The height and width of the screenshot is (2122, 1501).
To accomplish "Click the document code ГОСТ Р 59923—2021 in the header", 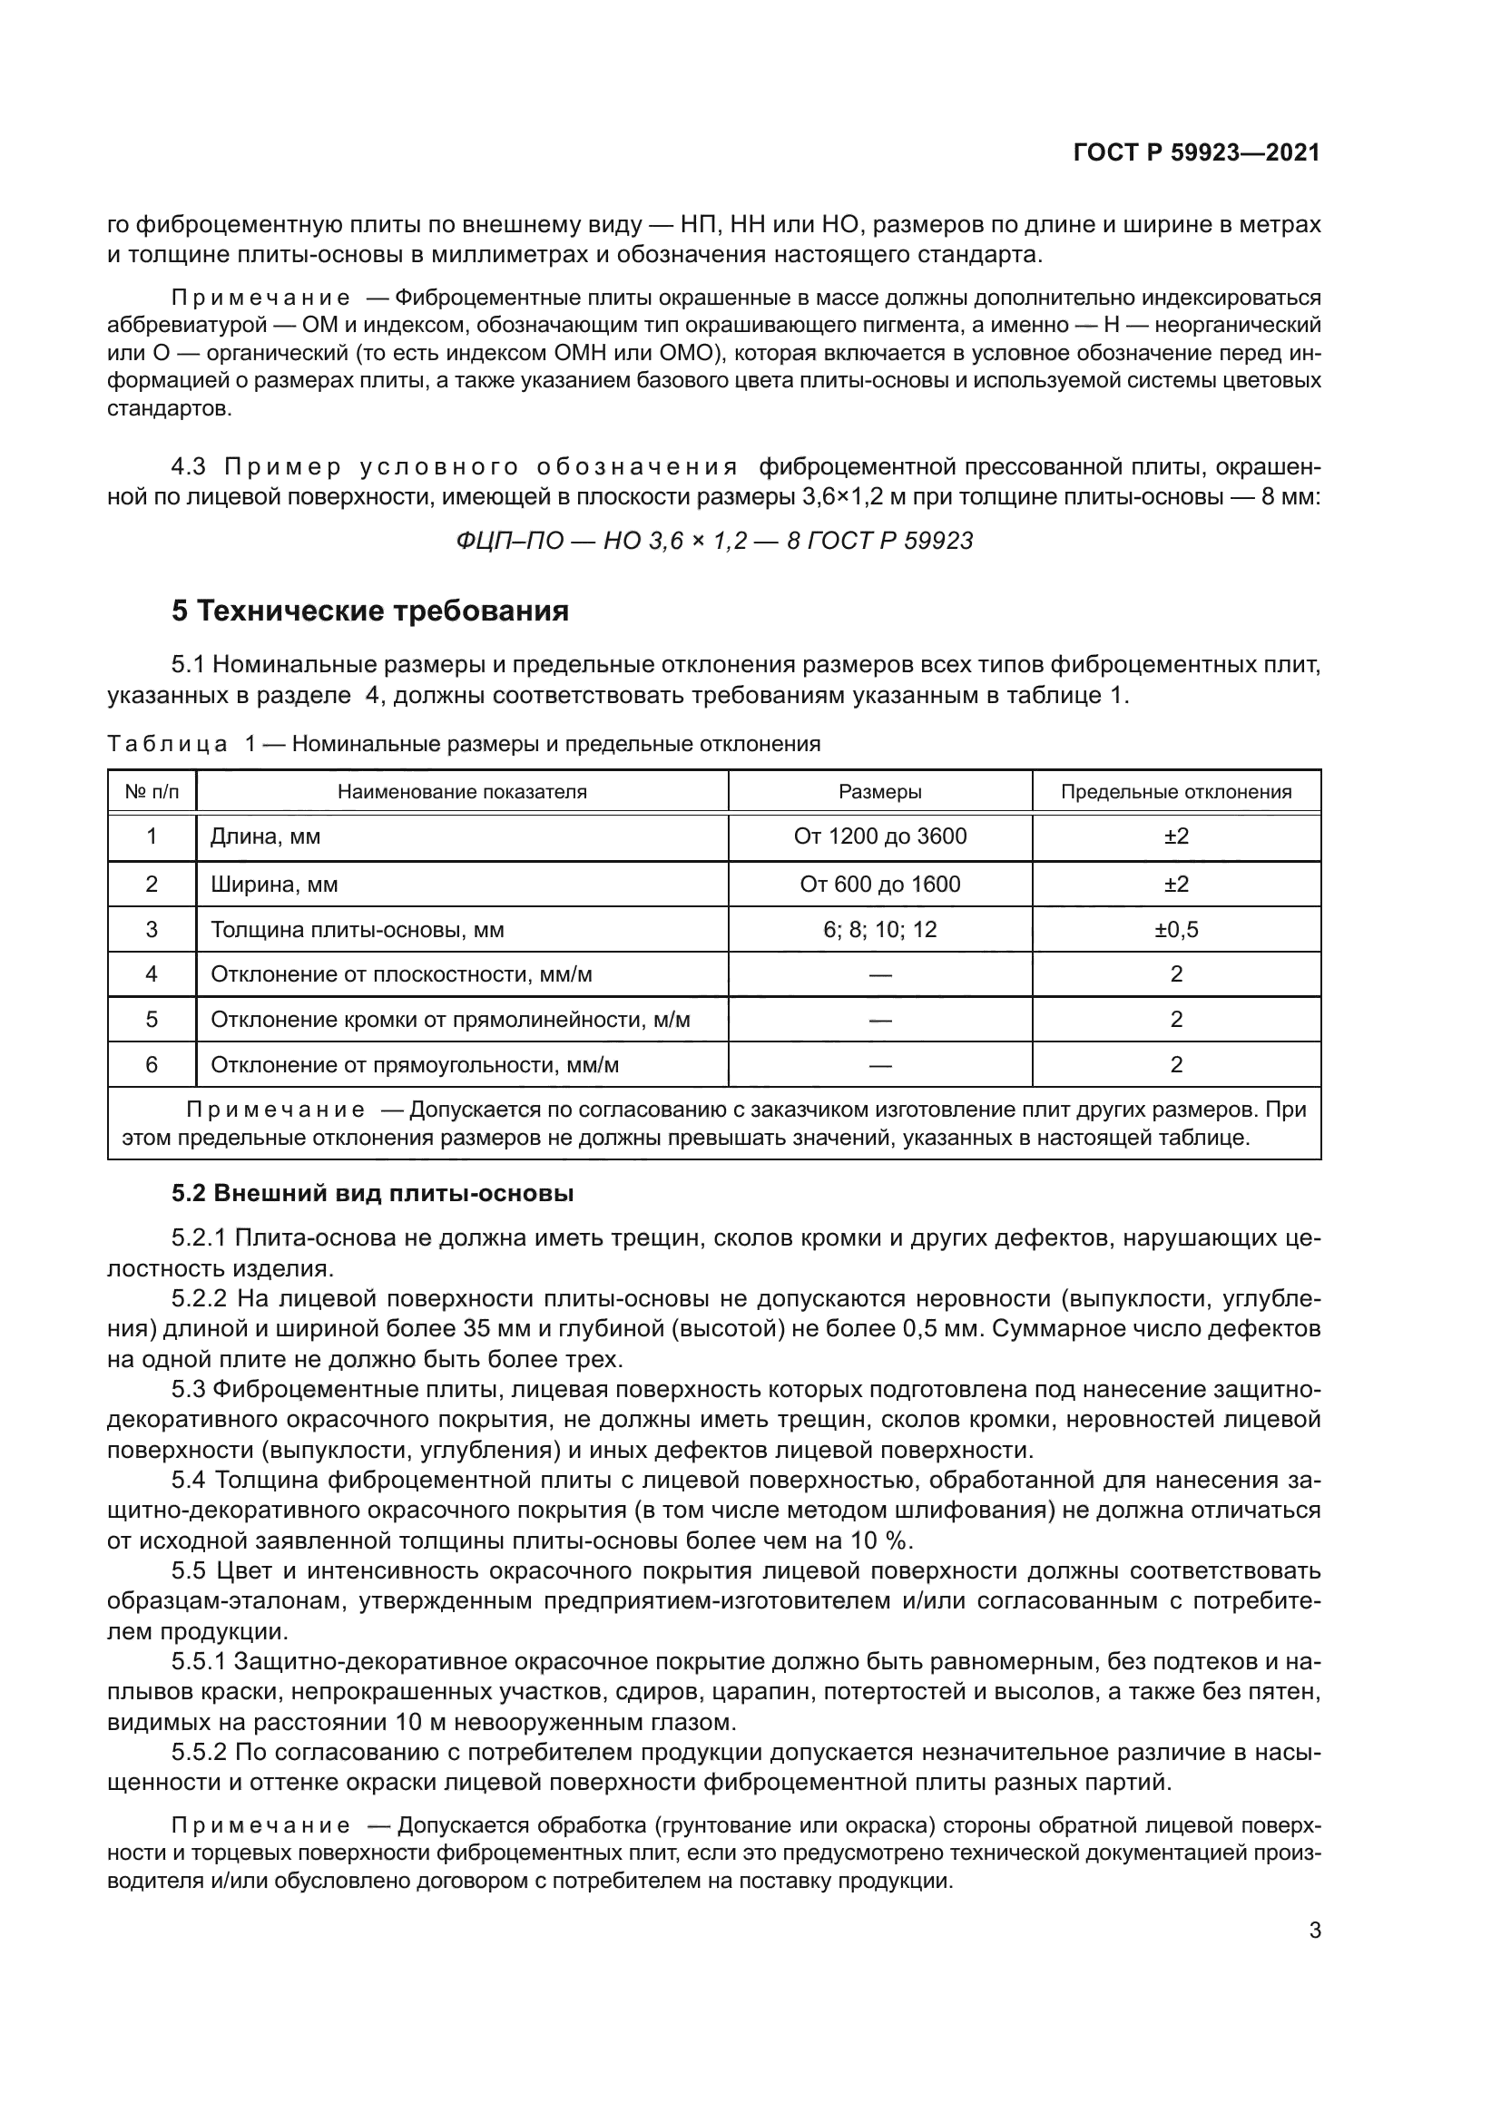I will coord(1196,153).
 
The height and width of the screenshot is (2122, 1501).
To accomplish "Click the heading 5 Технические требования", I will coord(369,611).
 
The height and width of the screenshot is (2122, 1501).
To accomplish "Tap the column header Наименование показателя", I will coord(462,792).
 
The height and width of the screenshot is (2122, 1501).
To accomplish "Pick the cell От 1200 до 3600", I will coord(880,836).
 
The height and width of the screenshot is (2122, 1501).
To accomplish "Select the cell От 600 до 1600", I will coord(880,885).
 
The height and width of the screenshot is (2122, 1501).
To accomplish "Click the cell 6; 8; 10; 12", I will coord(880,930).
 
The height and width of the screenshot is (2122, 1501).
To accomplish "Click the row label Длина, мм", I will coord(265,836).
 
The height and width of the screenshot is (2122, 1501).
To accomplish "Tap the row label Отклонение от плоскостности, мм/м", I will coord(401,974).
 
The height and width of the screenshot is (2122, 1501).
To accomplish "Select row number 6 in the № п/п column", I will coord(152,1065).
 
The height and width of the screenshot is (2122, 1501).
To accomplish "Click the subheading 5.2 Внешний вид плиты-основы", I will coord(372,1193).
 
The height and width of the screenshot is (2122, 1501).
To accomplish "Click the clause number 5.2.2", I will coord(199,1298).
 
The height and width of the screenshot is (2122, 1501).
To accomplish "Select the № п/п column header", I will coord(152,792).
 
